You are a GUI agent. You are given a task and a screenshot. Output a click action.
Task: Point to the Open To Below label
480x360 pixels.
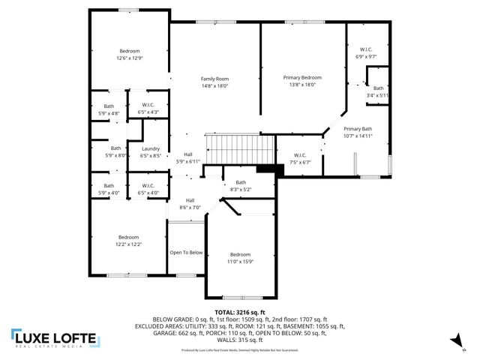click(x=186, y=253)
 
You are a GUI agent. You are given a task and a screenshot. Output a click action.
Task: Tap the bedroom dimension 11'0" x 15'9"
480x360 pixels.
click(x=240, y=262)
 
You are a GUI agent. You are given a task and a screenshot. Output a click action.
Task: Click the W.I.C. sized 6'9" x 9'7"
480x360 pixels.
click(x=366, y=56)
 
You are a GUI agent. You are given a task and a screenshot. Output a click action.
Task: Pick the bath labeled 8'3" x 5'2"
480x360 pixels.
click(x=241, y=190)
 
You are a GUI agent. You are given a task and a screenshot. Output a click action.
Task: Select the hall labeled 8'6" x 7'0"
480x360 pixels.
click(x=190, y=208)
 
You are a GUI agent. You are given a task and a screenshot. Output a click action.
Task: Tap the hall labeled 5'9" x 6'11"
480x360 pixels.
click(x=188, y=161)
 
